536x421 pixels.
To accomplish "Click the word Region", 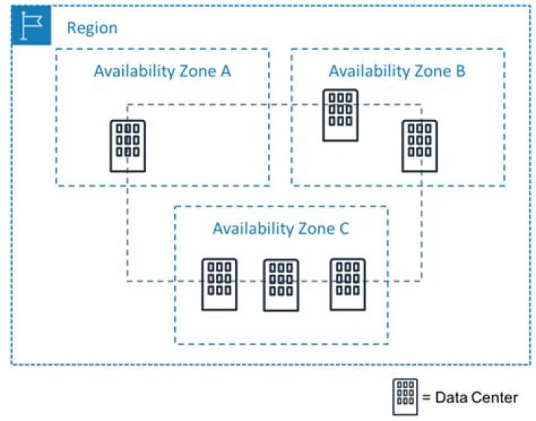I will pyautogui.click(x=92, y=28).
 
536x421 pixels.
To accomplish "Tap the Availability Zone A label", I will pyautogui.click(x=162, y=72).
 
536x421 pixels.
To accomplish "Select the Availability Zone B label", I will pyautogui.click(x=398, y=72).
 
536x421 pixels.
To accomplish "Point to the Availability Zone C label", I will pyautogui.click(x=281, y=228).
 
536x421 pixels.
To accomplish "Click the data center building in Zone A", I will pyautogui.click(x=128, y=145).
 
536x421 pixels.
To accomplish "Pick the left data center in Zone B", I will pyautogui.click(x=340, y=115).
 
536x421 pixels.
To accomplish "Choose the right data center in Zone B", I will pyautogui.click(x=420, y=145).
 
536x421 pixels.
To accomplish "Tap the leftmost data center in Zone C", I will pyautogui.click(x=220, y=284).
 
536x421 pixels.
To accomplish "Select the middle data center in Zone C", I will pyautogui.click(x=281, y=285).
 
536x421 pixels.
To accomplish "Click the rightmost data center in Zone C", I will pyautogui.click(x=348, y=284).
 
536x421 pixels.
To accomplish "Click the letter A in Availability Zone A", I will pyautogui.click(x=226, y=72).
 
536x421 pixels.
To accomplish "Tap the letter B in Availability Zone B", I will pyautogui.click(x=462, y=72).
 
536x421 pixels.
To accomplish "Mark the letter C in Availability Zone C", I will pyautogui.click(x=344, y=228).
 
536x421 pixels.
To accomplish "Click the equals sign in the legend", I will pyautogui.click(x=427, y=397).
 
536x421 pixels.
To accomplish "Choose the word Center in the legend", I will pyautogui.click(x=494, y=397).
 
